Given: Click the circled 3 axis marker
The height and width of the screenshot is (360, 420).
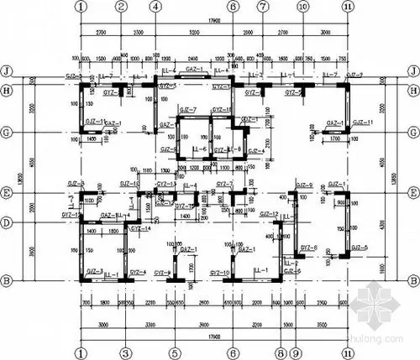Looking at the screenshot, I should (125, 353).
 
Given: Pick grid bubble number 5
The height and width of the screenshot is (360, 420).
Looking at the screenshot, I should (174, 353).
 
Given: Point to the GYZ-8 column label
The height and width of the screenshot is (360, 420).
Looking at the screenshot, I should (309, 248).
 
